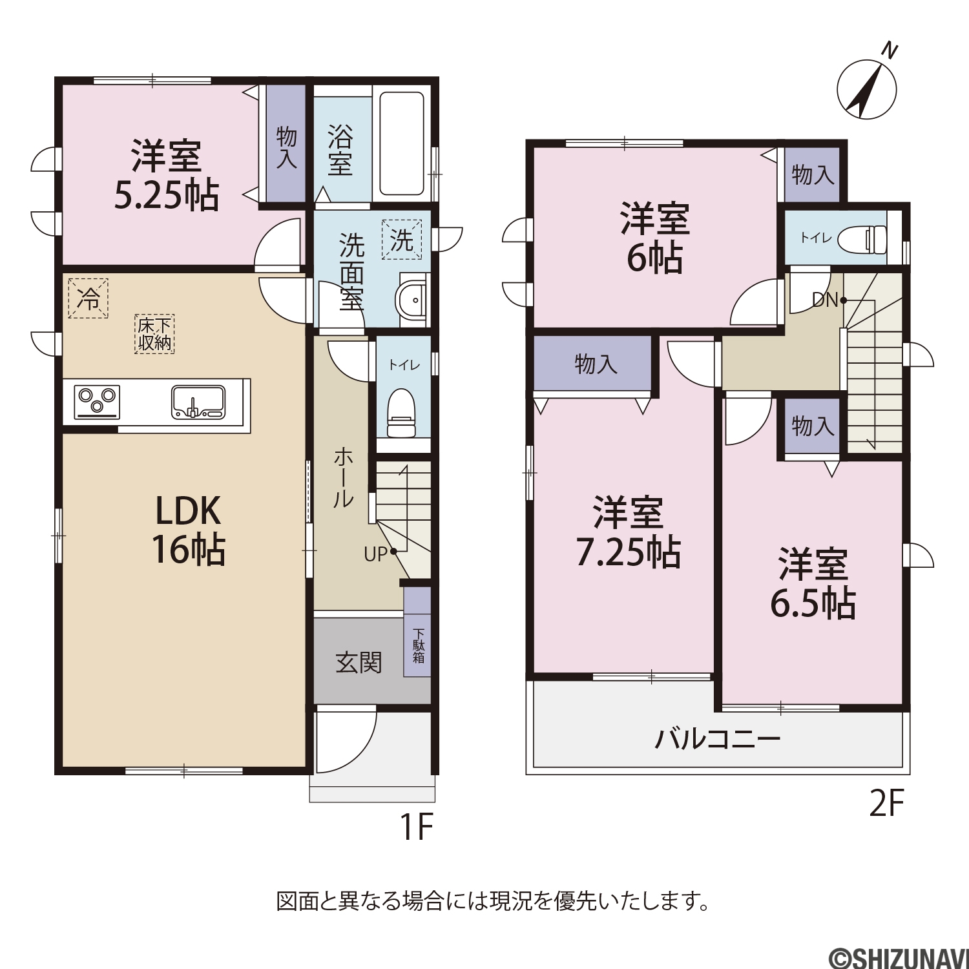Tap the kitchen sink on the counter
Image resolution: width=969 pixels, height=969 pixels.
tap(198, 402)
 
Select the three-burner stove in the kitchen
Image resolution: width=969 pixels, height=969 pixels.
tap(98, 402)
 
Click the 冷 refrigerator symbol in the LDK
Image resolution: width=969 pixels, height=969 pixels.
tap(88, 298)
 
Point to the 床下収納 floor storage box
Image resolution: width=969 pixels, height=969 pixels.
tap(155, 334)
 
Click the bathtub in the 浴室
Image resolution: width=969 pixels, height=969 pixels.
tap(401, 143)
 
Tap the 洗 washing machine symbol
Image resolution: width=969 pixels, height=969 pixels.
tap(401, 240)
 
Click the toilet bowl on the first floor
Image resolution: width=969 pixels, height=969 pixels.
tap(402, 413)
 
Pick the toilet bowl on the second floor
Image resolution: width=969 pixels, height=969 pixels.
tap(862, 239)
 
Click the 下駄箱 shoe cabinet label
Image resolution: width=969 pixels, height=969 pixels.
tap(419, 646)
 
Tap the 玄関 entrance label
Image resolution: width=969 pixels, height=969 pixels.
tap(359, 663)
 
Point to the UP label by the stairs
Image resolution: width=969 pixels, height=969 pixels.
tap(376, 554)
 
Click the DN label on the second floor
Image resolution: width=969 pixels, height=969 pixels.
tap(825, 300)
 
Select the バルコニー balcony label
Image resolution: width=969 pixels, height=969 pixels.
tap(718, 738)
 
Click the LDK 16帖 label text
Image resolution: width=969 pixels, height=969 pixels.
tap(189, 530)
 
